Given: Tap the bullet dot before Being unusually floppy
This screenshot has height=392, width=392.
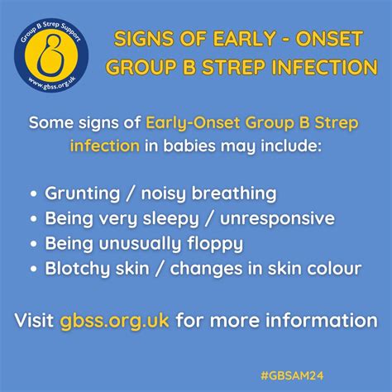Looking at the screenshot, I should point(32,245).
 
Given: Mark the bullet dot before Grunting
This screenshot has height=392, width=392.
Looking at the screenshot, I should point(32,194).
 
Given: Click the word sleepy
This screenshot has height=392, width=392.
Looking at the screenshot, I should point(181,219).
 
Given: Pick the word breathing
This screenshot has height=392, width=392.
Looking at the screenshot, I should point(239,194).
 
